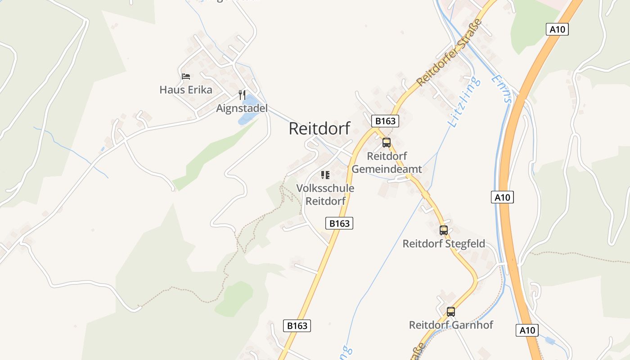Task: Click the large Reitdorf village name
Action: coord(319,128)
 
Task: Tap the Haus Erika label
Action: coord(186,90)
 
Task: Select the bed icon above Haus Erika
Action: coord(186,76)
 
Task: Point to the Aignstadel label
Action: coord(242,108)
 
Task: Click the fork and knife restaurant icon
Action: coord(242,95)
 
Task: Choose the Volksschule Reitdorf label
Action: coord(325,194)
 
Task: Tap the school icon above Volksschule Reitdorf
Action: coord(325,175)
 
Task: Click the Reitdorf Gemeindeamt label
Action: coord(387,162)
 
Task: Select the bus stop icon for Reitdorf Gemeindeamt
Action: coord(387,143)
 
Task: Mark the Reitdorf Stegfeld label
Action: coord(444,244)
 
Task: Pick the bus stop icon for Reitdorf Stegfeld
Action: coord(444,230)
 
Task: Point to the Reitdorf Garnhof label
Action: coord(451,325)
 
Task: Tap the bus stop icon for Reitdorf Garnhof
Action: coord(451,311)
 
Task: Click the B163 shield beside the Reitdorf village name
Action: coord(385,121)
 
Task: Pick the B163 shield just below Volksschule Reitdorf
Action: coord(339,223)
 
